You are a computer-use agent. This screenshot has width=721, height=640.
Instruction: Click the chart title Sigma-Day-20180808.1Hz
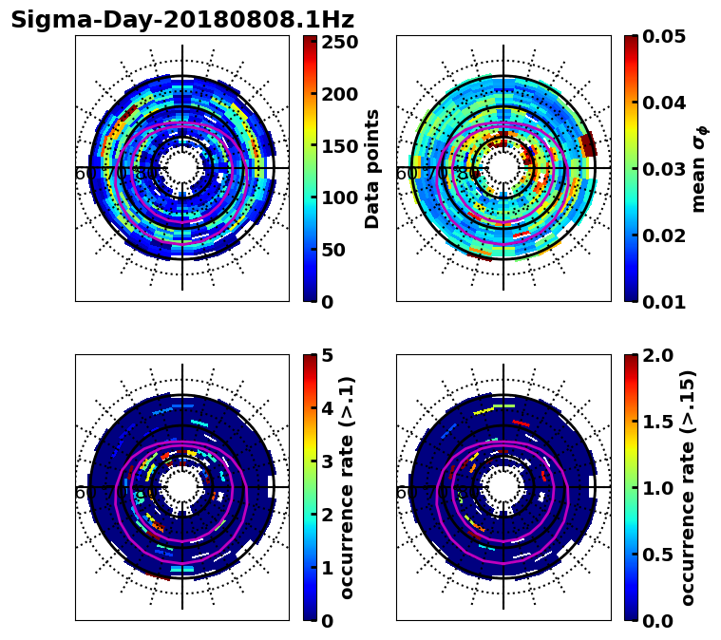182,20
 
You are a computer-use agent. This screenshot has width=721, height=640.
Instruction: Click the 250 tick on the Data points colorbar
339,43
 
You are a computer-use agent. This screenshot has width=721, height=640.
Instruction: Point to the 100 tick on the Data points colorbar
339,198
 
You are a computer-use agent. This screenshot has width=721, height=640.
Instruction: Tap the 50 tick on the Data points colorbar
339,250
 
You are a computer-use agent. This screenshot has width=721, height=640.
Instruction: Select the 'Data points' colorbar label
372,168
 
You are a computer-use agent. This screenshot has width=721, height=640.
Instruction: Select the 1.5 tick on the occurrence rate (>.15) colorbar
663,422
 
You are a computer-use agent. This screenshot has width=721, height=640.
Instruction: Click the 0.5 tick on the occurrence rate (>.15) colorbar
663,555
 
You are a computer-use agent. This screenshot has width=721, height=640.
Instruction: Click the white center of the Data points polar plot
182,168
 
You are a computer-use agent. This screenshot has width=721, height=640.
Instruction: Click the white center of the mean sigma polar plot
503,168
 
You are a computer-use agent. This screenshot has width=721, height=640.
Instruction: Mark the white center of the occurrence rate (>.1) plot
182,487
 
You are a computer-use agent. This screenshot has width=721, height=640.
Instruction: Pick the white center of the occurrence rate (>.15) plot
503,487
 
